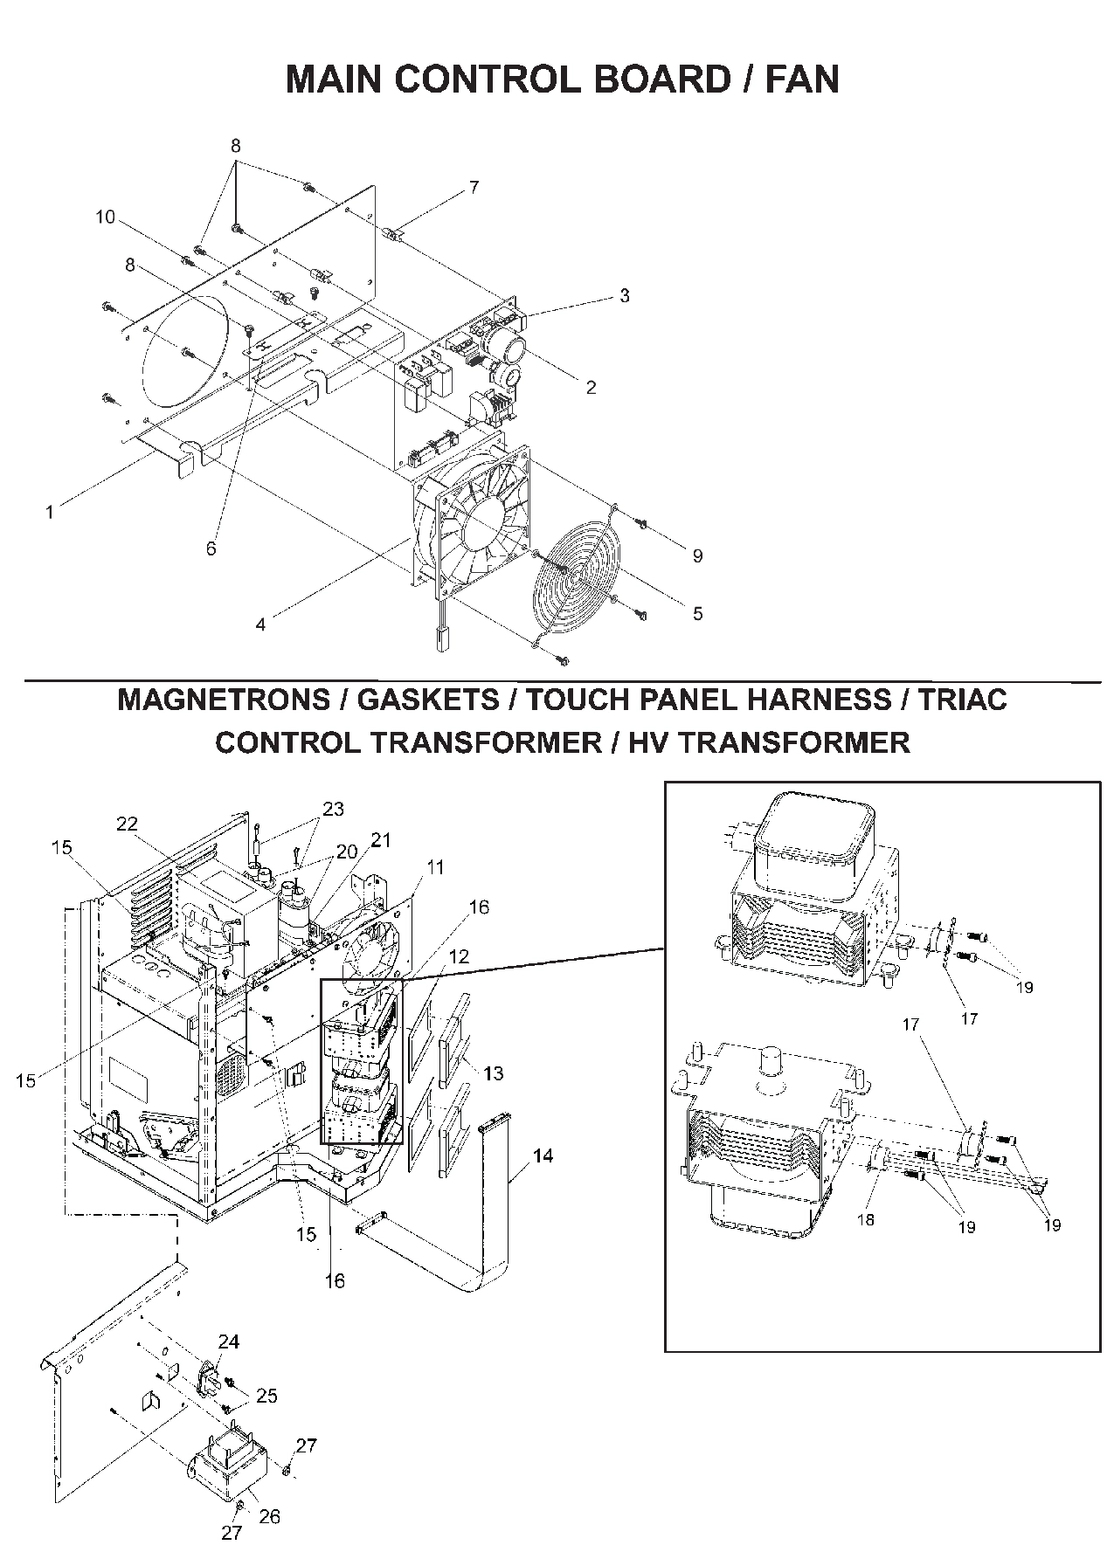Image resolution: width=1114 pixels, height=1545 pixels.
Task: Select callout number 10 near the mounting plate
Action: [105, 217]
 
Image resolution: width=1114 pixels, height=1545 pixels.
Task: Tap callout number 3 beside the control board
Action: [624, 295]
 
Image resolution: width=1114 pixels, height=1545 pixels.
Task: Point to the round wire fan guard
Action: [578, 573]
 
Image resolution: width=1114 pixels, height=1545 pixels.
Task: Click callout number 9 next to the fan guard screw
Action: [696, 555]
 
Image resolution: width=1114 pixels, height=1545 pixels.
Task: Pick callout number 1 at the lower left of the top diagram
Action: [50, 513]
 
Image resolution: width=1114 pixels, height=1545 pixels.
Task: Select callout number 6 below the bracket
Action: [211, 548]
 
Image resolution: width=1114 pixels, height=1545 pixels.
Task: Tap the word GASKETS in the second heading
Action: [428, 700]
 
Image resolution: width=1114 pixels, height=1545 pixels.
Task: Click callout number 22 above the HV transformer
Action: [128, 824]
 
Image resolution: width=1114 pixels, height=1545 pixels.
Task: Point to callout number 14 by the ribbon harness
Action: [543, 1155]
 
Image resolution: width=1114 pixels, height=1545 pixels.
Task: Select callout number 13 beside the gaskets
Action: [494, 1073]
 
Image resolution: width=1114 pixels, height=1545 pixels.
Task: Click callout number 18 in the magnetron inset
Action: [865, 1219]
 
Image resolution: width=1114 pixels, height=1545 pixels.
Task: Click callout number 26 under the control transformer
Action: [270, 1516]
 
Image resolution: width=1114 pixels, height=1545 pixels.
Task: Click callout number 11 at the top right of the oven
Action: [435, 866]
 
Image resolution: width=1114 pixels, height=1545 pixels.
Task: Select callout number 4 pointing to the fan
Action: [260, 624]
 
